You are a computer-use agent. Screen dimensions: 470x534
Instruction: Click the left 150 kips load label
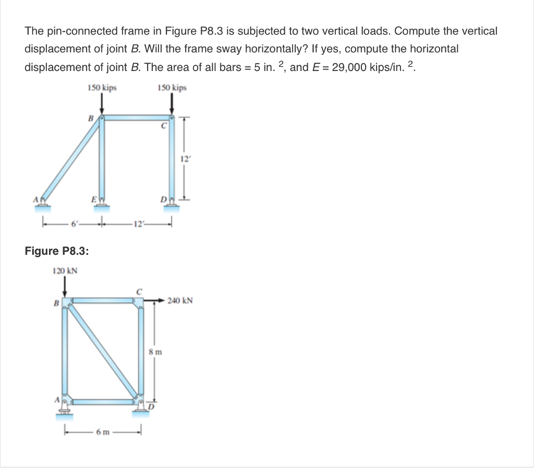(x=102, y=88)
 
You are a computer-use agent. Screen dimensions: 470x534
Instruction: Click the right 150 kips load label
(x=172, y=88)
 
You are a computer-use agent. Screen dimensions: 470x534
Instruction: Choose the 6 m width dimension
(x=102, y=431)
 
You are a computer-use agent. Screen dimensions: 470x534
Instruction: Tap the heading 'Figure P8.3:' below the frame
(x=57, y=251)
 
